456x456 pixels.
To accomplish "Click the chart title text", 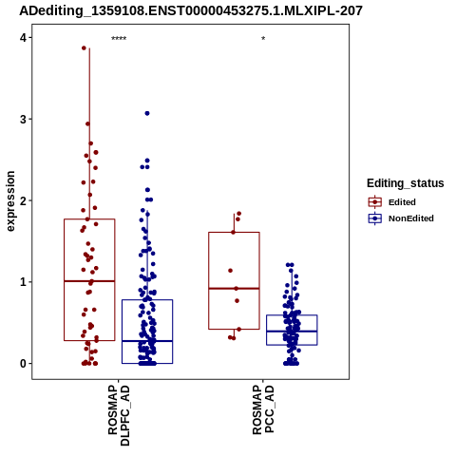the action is [191, 10].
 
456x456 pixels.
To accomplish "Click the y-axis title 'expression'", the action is [10, 201].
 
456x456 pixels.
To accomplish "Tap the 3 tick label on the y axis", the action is [23, 120].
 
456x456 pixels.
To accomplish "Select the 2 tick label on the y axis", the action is [23, 200].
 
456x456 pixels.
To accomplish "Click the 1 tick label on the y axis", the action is [23, 282].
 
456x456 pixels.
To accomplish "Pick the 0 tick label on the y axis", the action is [23, 364].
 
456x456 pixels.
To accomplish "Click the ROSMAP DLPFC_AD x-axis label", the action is [119, 415].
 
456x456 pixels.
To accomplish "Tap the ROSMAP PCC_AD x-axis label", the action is [263, 409].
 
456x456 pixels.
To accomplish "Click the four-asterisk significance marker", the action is [119, 39].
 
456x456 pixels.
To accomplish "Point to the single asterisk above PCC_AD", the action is [263, 39].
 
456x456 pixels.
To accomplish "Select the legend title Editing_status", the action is [406, 183].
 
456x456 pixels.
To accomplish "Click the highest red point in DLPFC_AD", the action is [84, 48].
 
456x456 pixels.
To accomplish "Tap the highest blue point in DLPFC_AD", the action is [147, 113].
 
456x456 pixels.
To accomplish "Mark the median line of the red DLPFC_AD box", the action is [89, 281].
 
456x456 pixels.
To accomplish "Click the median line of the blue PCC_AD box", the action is [292, 332].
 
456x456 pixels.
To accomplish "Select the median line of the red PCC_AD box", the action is [234, 288].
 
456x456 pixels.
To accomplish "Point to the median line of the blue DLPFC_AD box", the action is [147, 341].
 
